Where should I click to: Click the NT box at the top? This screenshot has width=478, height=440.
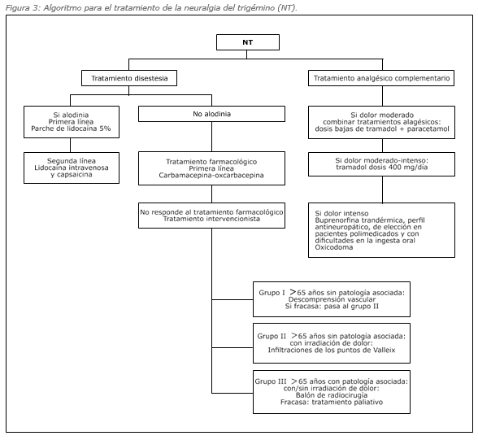coord(247,42)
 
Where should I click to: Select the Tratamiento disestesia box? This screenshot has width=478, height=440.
coord(129,78)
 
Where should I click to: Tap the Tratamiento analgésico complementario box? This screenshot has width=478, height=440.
coord(381,78)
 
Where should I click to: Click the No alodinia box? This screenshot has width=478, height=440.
coord(211,114)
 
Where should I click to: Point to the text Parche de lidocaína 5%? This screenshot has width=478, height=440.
coord(71,129)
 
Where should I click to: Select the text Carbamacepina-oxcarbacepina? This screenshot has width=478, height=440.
coord(211,176)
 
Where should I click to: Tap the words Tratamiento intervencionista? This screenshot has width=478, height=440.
coord(211,219)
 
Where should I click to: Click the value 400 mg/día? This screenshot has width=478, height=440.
coord(408,167)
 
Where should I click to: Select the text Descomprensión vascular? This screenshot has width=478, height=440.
coord(332,299)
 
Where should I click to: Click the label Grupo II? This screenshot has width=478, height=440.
coord(272,336)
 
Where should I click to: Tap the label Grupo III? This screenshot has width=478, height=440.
coord(271,381)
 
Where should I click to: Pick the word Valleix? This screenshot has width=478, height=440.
coord(384,350)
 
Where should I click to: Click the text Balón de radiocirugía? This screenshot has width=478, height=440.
coord(332,395)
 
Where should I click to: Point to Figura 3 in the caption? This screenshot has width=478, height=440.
coord(22,7)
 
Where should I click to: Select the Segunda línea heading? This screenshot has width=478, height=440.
coord(72,161)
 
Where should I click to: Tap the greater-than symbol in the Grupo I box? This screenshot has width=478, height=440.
coord(293,292)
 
